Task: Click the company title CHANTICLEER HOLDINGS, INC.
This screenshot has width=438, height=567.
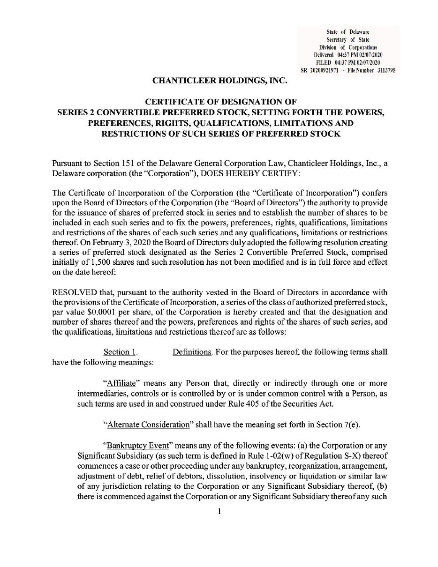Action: (219, 81)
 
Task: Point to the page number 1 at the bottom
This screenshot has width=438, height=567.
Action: (219, 511)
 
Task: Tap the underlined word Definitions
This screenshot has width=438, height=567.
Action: (192, 352)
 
